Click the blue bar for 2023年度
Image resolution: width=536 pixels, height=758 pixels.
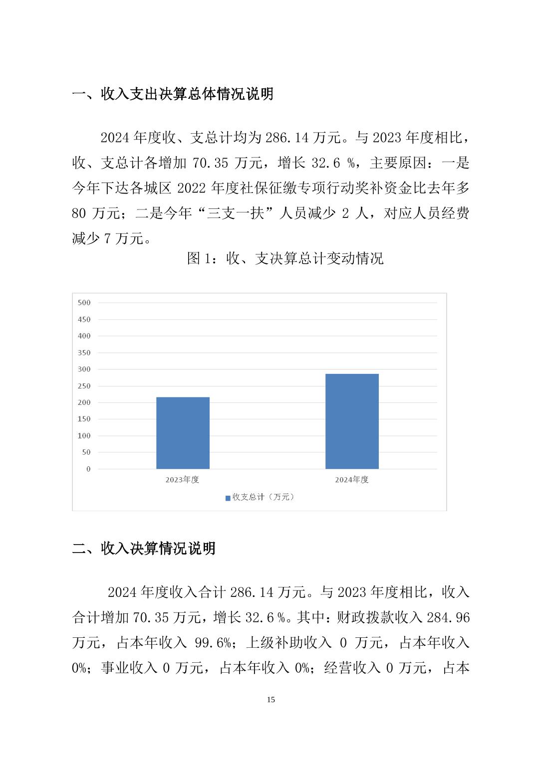click(183, 433)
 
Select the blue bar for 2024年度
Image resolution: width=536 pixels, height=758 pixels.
click(352, 421)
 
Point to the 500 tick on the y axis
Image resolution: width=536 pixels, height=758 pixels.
click(84, 303)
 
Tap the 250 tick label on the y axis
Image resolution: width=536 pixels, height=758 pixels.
click(84, 386)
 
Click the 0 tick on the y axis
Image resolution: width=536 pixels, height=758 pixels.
click(89, 469)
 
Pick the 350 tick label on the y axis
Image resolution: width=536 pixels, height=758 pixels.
click(84, 353)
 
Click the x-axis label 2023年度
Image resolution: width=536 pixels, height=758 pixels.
click(183, 480)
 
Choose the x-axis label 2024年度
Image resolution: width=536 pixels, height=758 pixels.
click(352, 480)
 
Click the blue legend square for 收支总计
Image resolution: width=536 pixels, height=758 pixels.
click(228, 498)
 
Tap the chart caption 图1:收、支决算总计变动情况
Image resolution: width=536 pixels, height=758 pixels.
click(285, 258)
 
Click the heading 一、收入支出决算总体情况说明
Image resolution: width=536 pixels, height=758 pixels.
click(173, 94)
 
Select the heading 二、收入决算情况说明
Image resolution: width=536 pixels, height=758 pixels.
click(144, 549)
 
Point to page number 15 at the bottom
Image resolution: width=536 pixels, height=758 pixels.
click(271, 700)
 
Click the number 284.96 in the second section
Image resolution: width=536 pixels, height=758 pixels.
click(448, 618)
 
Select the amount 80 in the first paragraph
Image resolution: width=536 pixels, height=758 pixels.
click(79, 213)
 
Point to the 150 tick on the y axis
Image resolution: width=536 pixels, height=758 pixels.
click(84, 419)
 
